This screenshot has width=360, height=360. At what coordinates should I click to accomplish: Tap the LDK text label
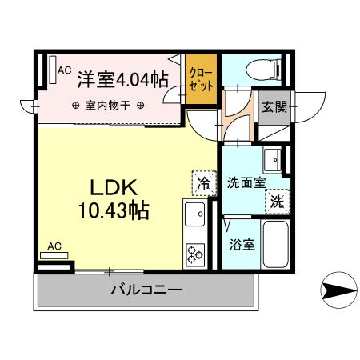tap(115, 189)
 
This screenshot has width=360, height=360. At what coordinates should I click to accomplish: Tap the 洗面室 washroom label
tap(246, 182)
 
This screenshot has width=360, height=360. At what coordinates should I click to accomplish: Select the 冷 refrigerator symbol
tap(204, 183)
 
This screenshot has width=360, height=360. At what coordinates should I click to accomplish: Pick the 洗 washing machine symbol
tap(276, 201)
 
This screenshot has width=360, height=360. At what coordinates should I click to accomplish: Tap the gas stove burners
tap(195, 254)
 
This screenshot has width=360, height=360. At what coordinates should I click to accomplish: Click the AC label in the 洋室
tap(64, 70)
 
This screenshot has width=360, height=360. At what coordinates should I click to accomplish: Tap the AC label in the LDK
tap(55, 246)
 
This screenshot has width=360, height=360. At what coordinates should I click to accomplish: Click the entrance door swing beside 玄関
tap(308, 106)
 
